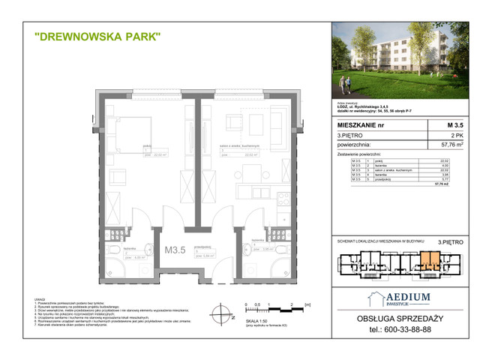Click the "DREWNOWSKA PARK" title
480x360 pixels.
tap(97, 35)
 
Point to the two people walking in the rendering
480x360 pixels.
tap(351, 79)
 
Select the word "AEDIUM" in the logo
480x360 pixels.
tap(408, 298)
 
